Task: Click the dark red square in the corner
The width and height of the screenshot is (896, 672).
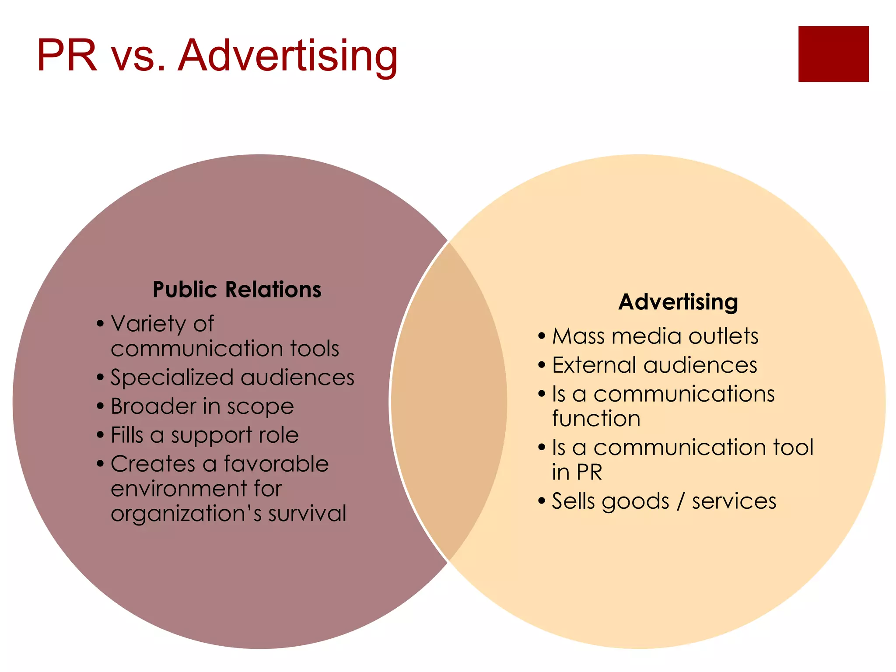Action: click(x=833, y=54)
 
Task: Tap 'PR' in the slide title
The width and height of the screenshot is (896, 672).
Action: click(x=66, y=56)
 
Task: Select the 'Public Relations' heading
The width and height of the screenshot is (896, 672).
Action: click(x=237, y=290)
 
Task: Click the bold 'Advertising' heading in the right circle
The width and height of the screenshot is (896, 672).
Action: click(x=678, y=302)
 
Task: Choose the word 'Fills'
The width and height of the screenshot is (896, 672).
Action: click(x=127, y=435)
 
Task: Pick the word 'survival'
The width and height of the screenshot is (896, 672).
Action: click(x=307, y=513)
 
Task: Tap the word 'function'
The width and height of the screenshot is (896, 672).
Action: click(x=596, y=419)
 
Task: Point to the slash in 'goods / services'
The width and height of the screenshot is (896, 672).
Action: click(x=680, y=501)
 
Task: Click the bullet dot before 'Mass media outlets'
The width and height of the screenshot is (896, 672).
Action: click(x=542, y=336)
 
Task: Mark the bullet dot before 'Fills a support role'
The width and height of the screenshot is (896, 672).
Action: click(x=100, y=435)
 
